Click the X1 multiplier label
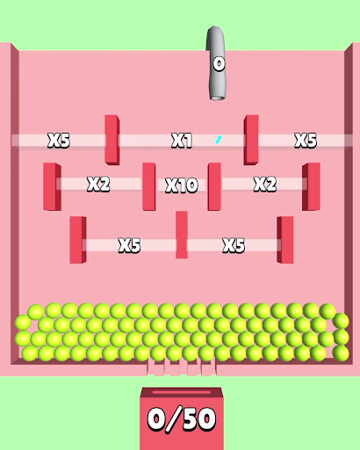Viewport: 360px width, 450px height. click(x=182, y=141)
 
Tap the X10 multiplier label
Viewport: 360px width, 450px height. click(x=182, y=185)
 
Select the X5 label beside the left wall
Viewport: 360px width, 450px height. click(x=59, y=141)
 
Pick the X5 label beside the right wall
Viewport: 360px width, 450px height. click(x=306, y=141)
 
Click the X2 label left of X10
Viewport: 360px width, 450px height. click(x=98, y=185)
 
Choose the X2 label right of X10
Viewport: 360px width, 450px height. click(x=265, y=185)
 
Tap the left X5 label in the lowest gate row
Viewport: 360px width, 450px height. click(x=129, y=245)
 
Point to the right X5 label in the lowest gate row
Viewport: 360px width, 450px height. click(x=234, y=245)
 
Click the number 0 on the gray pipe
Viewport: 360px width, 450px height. click(x=219, y=64)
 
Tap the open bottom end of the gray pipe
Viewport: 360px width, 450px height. click(x=217, y=98)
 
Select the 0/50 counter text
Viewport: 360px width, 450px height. click(x=182, y=419)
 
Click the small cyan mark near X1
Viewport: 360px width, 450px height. click(x=219, y=140)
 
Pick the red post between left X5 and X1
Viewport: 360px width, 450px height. click(x=112, y=140)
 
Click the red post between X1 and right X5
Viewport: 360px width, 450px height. click(x=251, y=140)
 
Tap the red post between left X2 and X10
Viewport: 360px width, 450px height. click(x=149, y=186)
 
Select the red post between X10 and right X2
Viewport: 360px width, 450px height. click(x=214, y=186)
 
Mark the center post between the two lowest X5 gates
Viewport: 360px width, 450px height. click(x=182, y=235)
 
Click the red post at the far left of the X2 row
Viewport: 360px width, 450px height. click(x=52, y=186)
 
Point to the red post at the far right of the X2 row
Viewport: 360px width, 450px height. click(x=311, y=186)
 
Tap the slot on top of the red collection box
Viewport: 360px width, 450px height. click(x=182, y=392)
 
